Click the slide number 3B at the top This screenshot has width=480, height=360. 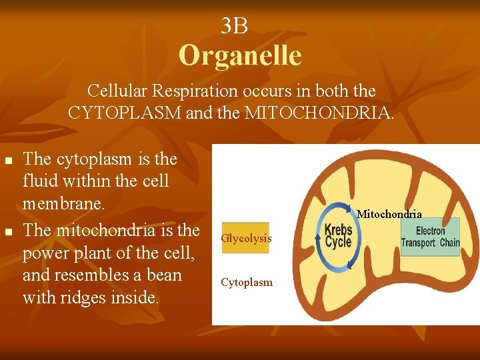pyautogui.click(x=234, y=26)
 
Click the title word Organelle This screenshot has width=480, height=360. pyautogui.click(x=240, y=55)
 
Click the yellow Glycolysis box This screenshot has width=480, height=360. pyautogui.click(x=245, y=238)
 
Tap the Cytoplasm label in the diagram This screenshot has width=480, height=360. pyautogui.click(x=247, y=283)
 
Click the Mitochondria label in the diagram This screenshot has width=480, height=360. pyautogui.click(x=389, y=214)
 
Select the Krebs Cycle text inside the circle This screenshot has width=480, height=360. pyautogui.click(x=338, y=237)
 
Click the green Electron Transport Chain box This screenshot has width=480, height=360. pyautogui.click(x=430, y=237)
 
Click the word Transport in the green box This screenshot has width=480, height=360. pyautogui.click(x=419, y=243)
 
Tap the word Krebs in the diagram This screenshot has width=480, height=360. pyautogui.click(x=338, y=231)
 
